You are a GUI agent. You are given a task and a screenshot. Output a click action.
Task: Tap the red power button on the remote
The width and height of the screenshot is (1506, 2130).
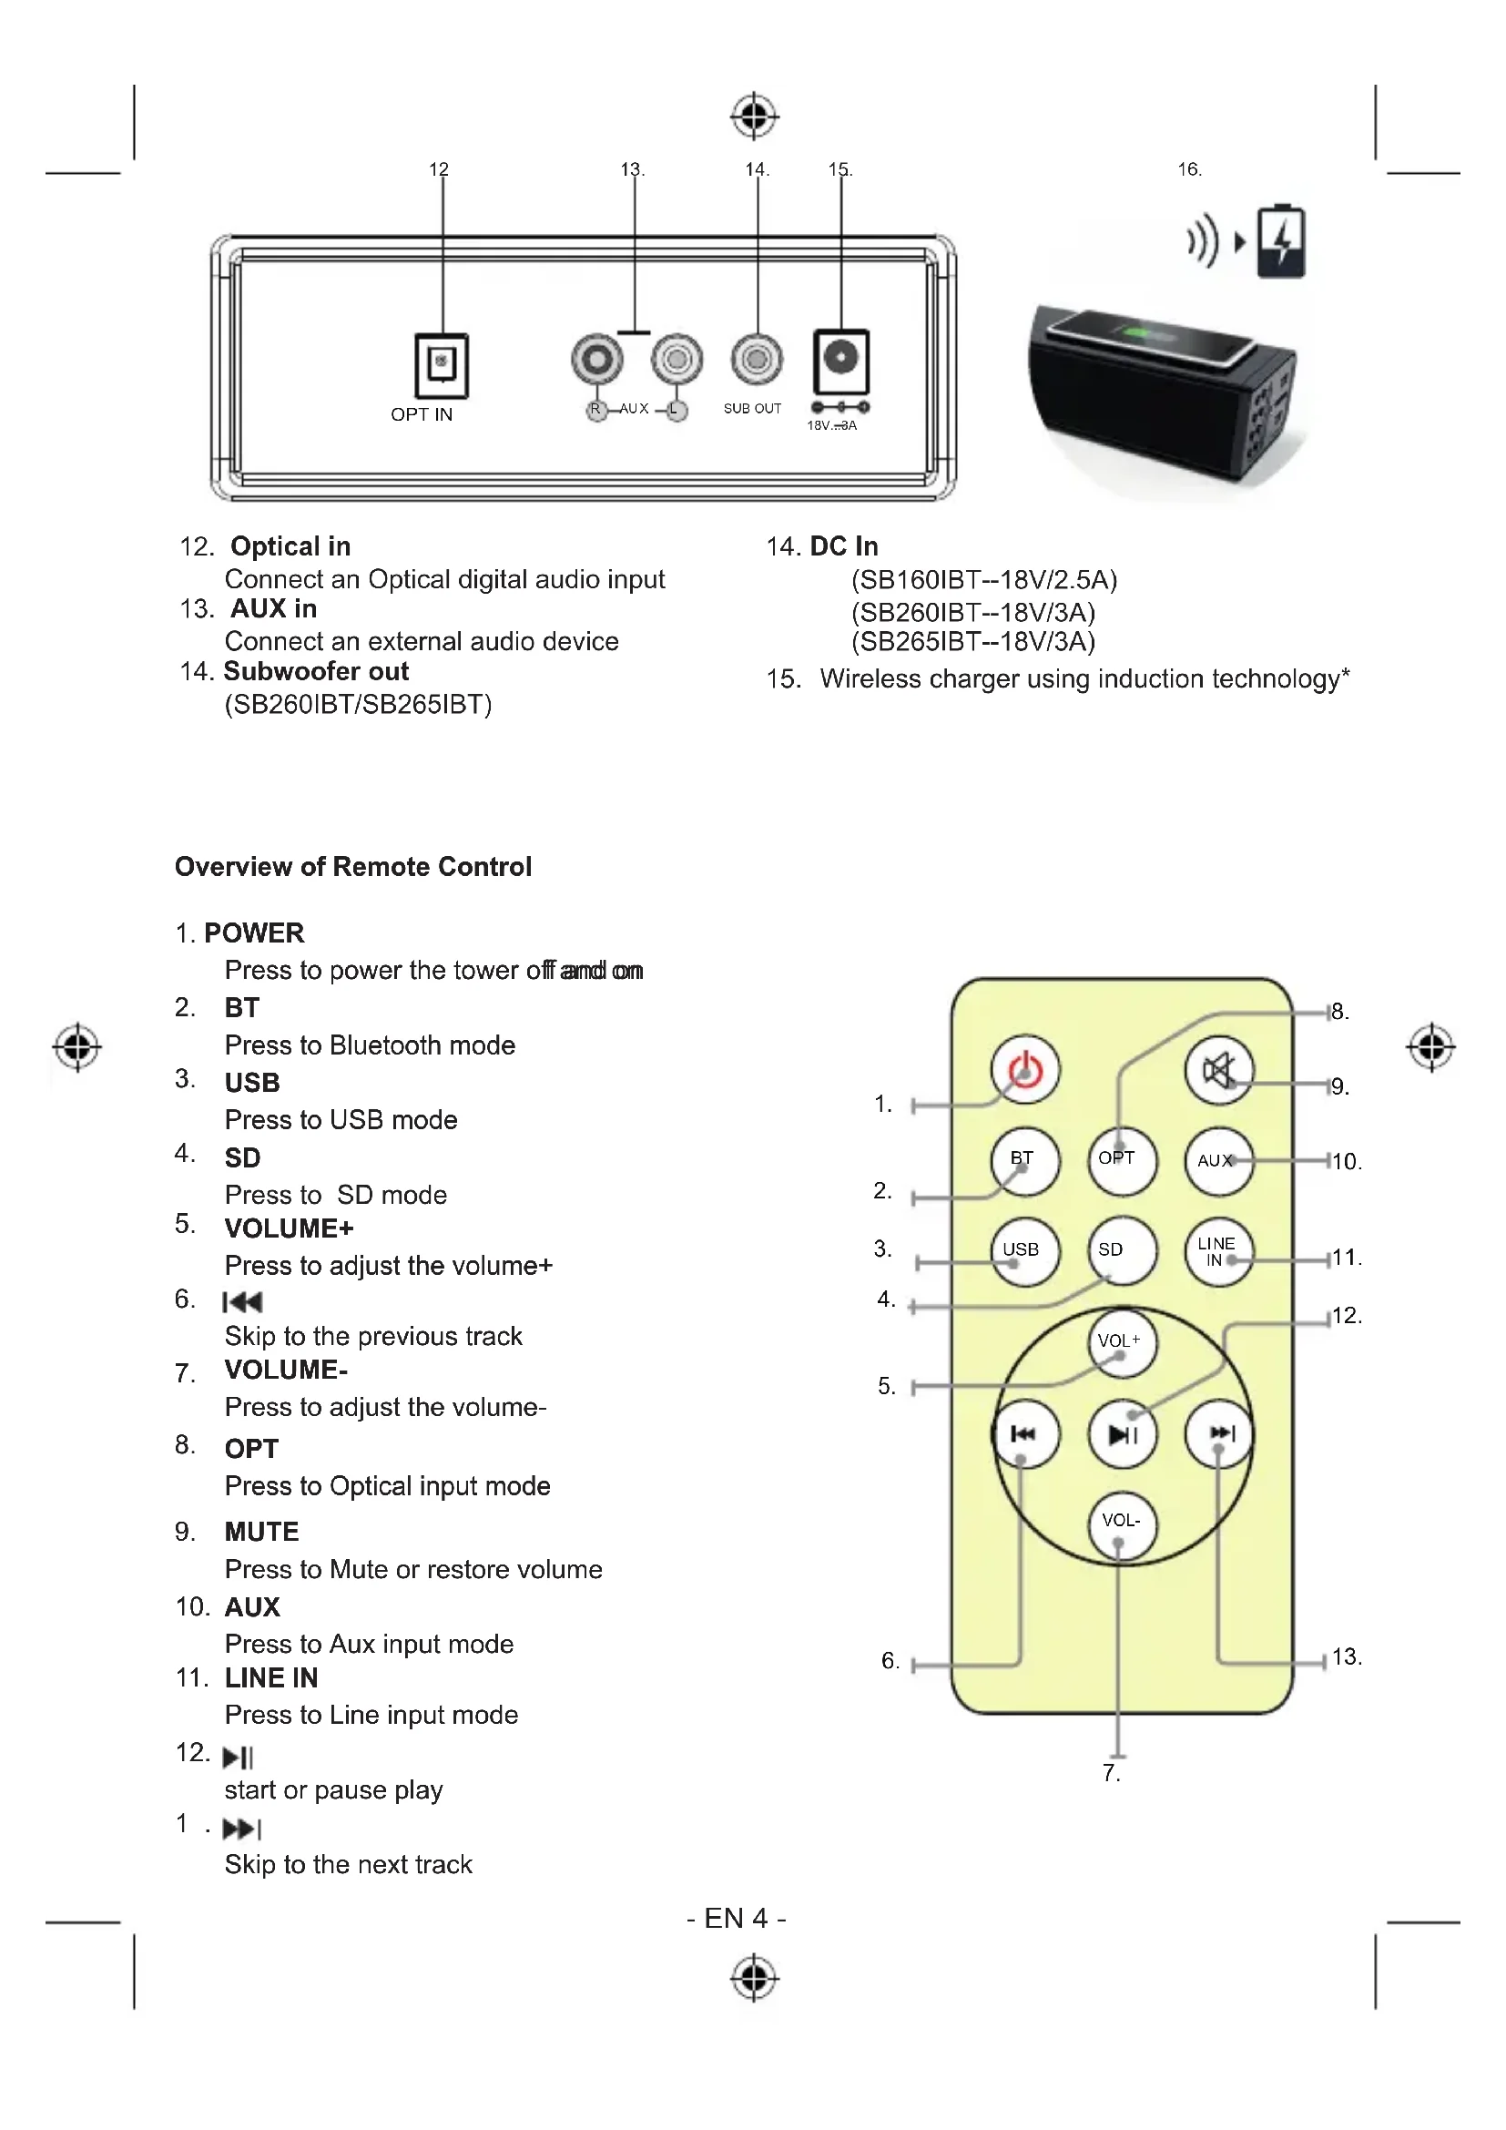(1024, 1070)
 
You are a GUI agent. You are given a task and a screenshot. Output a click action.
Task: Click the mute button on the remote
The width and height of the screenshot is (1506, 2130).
(1218, 1071)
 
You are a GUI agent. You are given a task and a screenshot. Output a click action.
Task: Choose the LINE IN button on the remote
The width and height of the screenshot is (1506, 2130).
(1218, 1251)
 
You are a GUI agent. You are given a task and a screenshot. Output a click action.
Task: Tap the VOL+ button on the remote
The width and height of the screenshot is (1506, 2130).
(1121, 1342)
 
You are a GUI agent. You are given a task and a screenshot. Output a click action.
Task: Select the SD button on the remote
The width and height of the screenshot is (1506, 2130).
(1121, 1250)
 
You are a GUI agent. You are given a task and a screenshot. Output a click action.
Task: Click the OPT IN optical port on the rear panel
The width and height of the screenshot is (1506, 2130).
(442, 364)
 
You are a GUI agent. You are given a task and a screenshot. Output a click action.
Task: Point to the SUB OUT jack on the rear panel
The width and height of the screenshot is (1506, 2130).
(757, 359)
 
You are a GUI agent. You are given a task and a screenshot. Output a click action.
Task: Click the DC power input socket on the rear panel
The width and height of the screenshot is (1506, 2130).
(841, 360)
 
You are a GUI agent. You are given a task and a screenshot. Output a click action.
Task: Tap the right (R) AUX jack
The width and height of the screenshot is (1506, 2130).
(596, 359)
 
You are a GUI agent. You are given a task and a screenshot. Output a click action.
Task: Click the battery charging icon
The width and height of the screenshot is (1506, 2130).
(1281, 242)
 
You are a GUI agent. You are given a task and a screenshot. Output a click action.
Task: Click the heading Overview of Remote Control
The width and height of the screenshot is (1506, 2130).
(353, 866)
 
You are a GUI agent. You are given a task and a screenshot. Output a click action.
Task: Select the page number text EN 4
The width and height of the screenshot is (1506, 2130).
(737, 1918)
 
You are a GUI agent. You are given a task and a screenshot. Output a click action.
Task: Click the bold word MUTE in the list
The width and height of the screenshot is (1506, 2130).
(261, 1532)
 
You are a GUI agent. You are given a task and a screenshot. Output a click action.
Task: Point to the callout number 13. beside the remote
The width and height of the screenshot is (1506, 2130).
(1347, 1656)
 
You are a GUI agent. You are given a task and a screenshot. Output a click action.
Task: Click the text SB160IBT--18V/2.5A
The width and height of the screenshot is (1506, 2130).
(984, 580)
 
